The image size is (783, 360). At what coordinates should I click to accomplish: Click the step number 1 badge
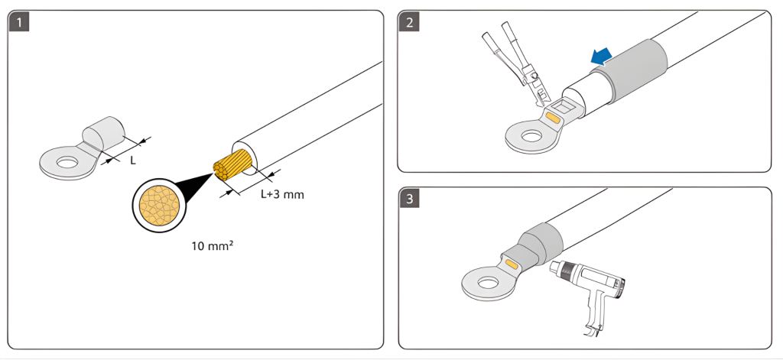click(18, 21)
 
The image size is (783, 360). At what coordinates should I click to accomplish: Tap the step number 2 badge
click(410, 21)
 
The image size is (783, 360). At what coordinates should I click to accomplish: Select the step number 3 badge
click(410, 199)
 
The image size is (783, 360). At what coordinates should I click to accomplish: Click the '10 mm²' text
click(213, 247)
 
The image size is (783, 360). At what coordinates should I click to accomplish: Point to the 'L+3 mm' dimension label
click(282, 194)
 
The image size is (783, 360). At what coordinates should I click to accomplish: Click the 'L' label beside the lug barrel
click(132, 161)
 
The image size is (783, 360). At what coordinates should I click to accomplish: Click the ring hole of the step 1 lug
click(68, 162)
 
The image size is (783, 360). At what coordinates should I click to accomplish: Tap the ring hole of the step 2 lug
click(528, 137)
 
